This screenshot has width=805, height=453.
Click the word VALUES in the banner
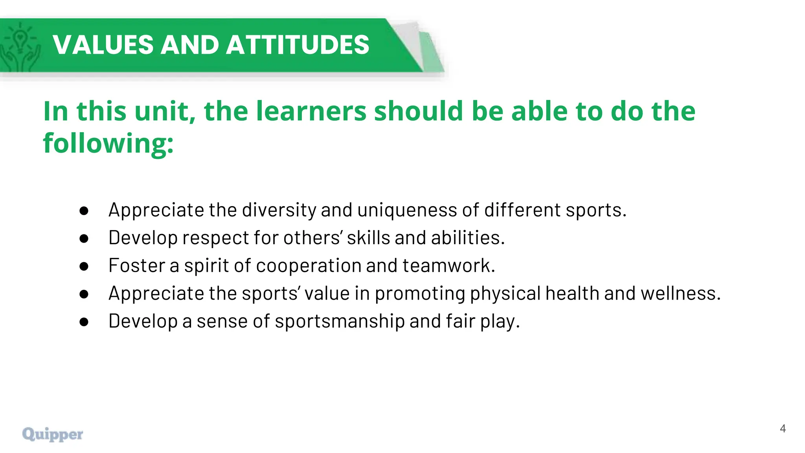[103, 44]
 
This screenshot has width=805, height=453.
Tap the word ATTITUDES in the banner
[298, 44]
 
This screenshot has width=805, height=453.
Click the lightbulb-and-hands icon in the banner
[20, 46]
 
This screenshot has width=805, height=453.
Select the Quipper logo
[53, 434]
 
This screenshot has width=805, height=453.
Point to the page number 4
[783, 429]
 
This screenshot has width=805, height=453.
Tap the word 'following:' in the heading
[108, 144]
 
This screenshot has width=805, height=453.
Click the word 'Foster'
[136, 265]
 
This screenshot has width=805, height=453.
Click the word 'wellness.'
[681, 293]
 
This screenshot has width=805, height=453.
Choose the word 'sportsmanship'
[340, 322]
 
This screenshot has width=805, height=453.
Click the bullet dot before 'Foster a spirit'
[84, 266]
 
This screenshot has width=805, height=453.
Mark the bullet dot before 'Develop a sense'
[84, 322]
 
